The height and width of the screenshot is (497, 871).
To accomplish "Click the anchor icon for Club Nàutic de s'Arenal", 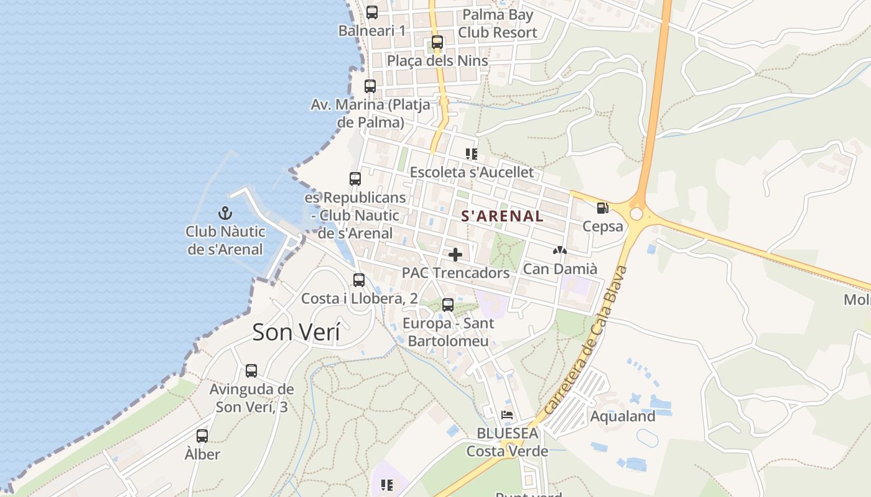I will point(225,214).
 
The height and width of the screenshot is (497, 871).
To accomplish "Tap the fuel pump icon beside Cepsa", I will point(602,208).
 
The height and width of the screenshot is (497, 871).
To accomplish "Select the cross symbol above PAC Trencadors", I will point(455,255).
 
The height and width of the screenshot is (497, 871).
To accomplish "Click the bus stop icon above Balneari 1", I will point(372,12).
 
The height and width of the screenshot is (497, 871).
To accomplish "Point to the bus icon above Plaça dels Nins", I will point(437,42).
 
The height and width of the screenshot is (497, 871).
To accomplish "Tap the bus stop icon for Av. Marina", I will point(370,86).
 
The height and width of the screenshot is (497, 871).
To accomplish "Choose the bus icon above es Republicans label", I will point(355,179).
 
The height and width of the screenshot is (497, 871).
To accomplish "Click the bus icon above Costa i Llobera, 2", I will point(359,280).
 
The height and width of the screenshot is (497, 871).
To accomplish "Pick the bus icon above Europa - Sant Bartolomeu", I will point(448,305).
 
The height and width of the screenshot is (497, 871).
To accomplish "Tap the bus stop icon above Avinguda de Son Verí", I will point(251,371).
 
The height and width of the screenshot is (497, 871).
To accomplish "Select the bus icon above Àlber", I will point(202,436).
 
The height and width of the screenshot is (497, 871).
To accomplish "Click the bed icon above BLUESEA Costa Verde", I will point(508,414).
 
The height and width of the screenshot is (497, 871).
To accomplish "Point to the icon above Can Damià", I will point(559,251).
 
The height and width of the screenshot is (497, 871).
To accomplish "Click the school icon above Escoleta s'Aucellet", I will point(472,153).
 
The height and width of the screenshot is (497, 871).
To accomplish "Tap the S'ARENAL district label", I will point(502,216).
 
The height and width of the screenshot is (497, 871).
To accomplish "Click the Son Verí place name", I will point(296,332).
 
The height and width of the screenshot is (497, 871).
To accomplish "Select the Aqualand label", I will point(623,416).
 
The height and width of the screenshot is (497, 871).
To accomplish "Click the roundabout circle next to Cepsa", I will point(636,214).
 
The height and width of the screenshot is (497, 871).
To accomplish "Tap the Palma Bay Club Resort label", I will point(498,24).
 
